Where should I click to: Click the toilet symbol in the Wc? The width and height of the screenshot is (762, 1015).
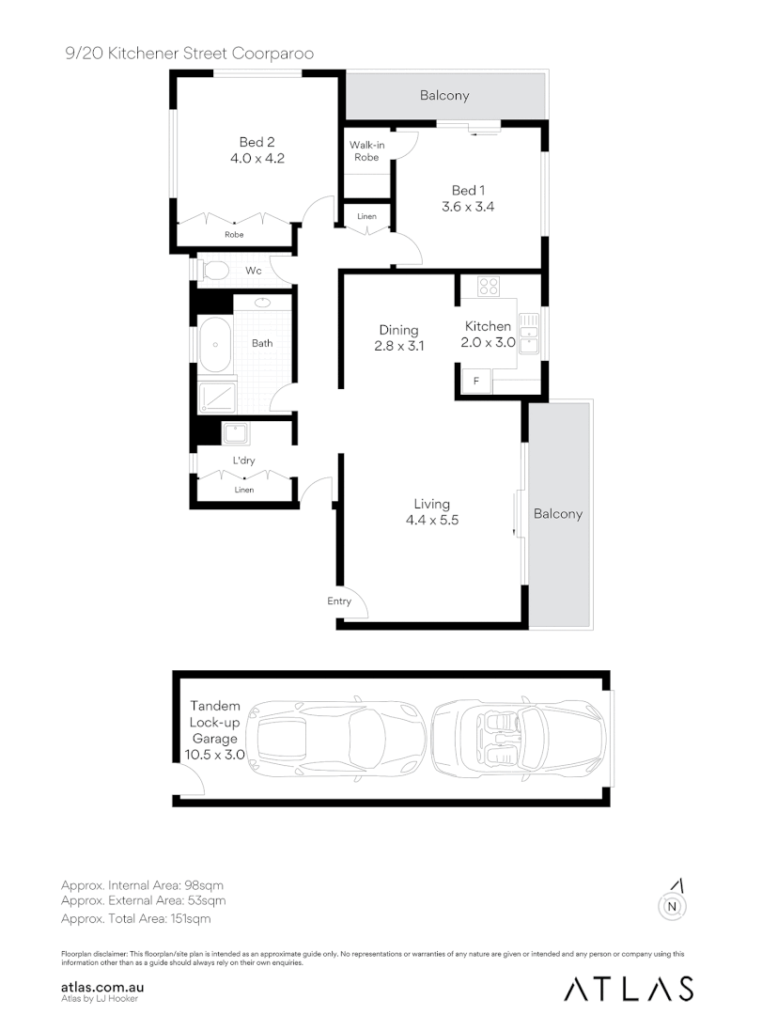point(215,272)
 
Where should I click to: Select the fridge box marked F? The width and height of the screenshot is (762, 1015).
point(476,382)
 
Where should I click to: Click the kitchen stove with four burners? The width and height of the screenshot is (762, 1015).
point(488,285)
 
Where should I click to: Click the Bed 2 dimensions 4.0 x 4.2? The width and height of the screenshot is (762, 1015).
point(257,159)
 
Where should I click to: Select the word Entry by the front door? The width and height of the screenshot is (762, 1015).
point(339,601)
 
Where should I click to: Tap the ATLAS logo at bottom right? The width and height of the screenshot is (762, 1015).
point(629,988)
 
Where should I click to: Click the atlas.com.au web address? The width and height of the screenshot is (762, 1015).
point(101,988)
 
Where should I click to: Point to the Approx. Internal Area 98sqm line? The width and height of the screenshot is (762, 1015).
point(142,885)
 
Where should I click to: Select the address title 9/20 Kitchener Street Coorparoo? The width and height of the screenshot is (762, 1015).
point(183,55)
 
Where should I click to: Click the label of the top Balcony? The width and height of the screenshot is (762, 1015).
point(444,96)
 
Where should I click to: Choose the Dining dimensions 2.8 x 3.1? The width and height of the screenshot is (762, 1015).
point(399,345)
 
